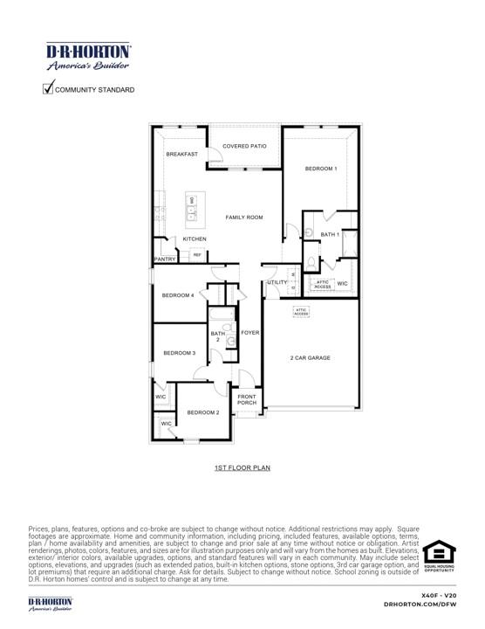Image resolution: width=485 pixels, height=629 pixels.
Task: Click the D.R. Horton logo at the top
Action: [x=88, y=57]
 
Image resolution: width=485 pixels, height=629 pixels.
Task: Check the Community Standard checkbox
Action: [x=48, y=88]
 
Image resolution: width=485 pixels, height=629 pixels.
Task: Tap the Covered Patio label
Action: [x=244, y=146]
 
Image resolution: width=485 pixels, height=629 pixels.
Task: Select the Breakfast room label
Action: [x=181, y=154]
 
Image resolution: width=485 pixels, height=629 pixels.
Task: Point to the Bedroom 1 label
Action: [x=320, y=168]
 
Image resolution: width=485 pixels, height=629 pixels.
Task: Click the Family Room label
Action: [x=244, y=217]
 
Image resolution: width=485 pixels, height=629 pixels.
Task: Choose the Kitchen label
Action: [x=195, y=238]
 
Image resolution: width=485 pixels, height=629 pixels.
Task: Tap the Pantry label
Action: [x=165, y=259]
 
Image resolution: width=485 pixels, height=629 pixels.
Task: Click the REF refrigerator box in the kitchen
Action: [x=197, y=255]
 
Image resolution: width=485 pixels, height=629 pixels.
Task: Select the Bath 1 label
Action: [x=330, y=234]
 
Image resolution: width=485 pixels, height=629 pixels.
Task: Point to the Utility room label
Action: [x=277, y=282]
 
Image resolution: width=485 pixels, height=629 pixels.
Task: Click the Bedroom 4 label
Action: [x=178, y=295]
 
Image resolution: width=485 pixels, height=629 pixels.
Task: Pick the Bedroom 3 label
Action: [x=179, y=353]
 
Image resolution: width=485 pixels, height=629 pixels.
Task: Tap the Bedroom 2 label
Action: [x=202, y=412]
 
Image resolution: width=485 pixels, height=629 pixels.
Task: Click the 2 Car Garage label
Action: [x=311, y=357]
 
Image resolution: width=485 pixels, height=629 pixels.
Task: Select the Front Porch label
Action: [x=247, y=400]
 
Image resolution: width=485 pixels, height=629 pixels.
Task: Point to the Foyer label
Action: [x=250, y=333]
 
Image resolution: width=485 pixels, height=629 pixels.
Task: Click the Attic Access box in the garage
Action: [x=301, y=311]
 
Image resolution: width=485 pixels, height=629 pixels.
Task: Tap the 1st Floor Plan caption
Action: [x=242, y=468]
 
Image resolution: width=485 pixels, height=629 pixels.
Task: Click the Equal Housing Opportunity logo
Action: [x=439, y=557]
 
